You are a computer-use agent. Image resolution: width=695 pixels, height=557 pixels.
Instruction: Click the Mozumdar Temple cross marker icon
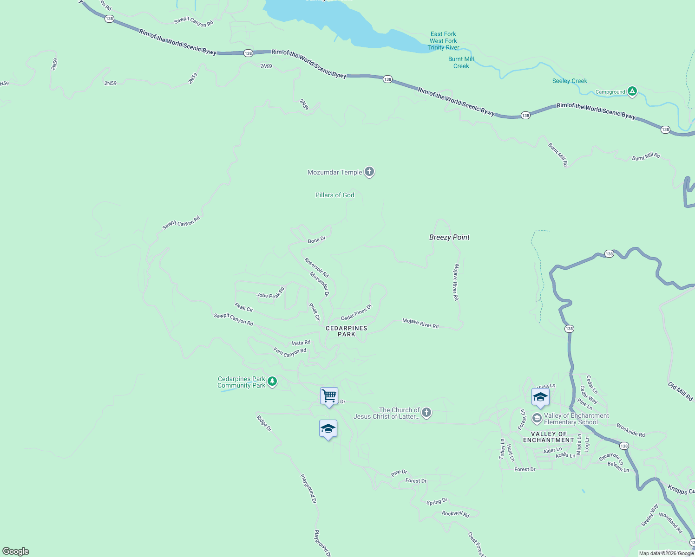pos(369,172)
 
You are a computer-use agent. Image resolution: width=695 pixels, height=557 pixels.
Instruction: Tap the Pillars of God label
pos(334,195)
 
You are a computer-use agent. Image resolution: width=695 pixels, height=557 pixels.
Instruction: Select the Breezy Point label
pos(449,237)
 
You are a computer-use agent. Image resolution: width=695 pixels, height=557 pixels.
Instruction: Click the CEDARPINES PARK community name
pos(347,331)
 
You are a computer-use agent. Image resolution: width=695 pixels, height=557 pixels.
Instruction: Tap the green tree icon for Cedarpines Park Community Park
pos(272,382)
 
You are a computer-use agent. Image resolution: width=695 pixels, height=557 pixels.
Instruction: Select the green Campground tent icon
pos(632,91)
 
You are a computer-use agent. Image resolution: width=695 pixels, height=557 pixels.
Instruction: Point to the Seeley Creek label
pos(570,81)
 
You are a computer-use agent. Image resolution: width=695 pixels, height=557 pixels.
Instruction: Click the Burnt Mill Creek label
pos(461,62)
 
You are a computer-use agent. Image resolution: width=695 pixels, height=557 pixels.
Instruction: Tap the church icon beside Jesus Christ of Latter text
pos(426,412)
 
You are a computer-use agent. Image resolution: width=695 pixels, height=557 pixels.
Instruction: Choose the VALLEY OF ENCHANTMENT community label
pos(549,437)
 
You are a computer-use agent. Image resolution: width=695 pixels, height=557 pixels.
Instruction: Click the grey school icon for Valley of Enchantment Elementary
pos(537,418)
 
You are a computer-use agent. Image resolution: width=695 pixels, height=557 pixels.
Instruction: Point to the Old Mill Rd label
pos(681,392)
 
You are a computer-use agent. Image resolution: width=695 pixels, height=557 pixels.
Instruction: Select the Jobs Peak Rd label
pos(270,293)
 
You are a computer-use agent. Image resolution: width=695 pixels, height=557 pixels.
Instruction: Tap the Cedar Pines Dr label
pos(356,312)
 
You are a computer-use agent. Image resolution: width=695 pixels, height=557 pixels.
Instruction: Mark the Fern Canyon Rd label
pos(290,352)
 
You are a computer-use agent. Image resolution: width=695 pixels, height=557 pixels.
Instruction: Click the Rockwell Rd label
pos(455,514)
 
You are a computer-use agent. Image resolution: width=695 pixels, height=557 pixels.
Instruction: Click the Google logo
pos(16,551)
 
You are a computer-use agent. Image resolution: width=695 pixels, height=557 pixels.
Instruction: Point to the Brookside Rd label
pos(630,430)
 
